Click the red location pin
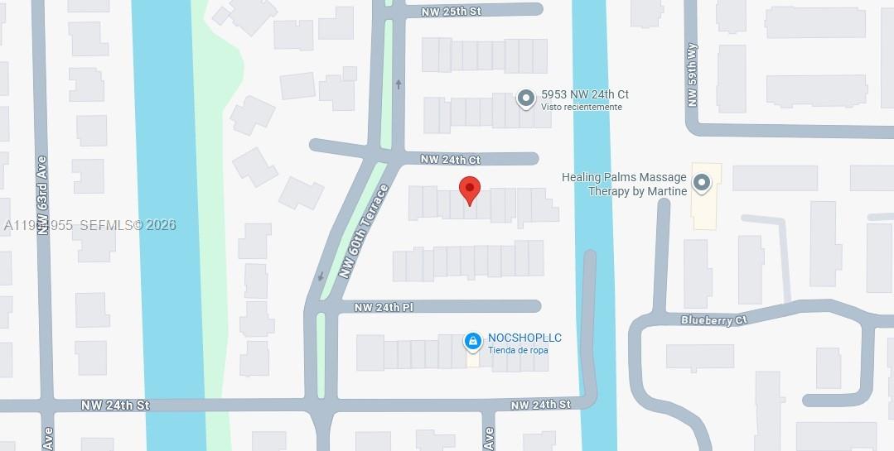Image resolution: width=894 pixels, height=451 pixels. click(x=470, y=190)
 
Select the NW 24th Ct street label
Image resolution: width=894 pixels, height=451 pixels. click(x=450, y=159)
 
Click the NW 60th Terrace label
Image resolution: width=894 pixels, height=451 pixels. click(x=364, y=231)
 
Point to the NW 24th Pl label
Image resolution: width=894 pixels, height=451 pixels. click(x=384, y=307)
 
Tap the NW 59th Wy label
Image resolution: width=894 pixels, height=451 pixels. click(x=692, y=74)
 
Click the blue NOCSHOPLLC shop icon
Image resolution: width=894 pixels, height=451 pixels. click(x=472, y=340)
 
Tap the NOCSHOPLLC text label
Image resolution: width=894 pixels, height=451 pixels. click(x=524, y=338)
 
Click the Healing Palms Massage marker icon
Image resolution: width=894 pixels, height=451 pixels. click(x=702, y=183)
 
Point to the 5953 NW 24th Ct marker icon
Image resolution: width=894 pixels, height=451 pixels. click(x=525, y=99)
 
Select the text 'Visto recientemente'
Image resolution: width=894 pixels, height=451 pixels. click(x=581, y=108)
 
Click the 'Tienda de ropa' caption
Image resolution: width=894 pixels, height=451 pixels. click(x=518, y=350)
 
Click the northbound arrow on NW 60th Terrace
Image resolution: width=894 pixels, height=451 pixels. click(x=399, y=84)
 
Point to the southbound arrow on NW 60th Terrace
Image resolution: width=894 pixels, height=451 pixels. click(x=320, y=276)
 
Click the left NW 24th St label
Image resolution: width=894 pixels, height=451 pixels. click(x=115, y=405)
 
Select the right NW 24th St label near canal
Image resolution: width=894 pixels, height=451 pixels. click(x=540, y=405)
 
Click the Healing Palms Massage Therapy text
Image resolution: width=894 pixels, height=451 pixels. click(x=625, y=185)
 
